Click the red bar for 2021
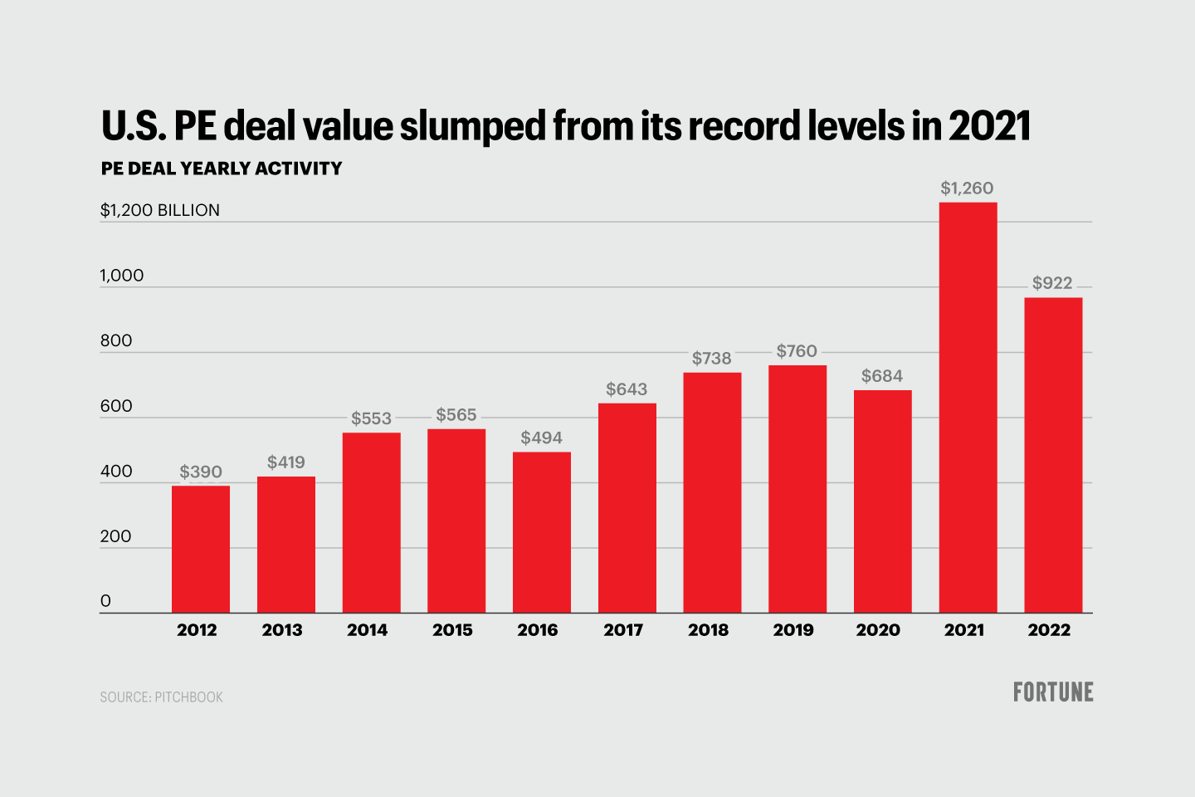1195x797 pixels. [968, 407]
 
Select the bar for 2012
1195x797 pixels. [201, 549]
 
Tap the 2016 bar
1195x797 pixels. [542, 532]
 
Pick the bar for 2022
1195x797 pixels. [1053, 455]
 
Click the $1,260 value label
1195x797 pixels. [967, 188]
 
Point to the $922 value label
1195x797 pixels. [1052, 283]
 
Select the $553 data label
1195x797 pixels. [371, 418]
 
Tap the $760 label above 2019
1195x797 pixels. [797, 351]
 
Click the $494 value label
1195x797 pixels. [541, 438]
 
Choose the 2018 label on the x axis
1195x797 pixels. [708, 630]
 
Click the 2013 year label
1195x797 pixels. [282, 630]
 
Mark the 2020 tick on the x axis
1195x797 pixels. [878, 630]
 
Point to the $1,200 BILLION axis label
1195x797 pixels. [160, 210]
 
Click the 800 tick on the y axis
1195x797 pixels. [116, 340]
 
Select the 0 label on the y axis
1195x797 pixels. [105, 601]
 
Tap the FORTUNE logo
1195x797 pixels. [1053, 692]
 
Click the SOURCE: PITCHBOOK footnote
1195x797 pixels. [162, 697]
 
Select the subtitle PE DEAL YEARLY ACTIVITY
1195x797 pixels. [222, 169]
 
